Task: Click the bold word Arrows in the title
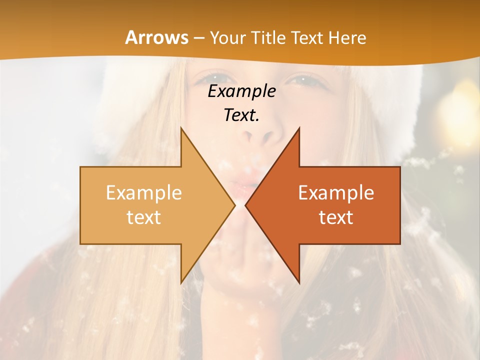coord(156,37)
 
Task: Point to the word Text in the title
coord(307,38)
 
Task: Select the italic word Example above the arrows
coord(241,91)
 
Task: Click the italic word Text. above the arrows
coord(241,115)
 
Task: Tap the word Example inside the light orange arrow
coord(143,192)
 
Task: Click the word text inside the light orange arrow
coord(143,217)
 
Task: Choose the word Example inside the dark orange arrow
coord(336,192)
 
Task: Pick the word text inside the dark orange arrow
coord(336,217)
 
